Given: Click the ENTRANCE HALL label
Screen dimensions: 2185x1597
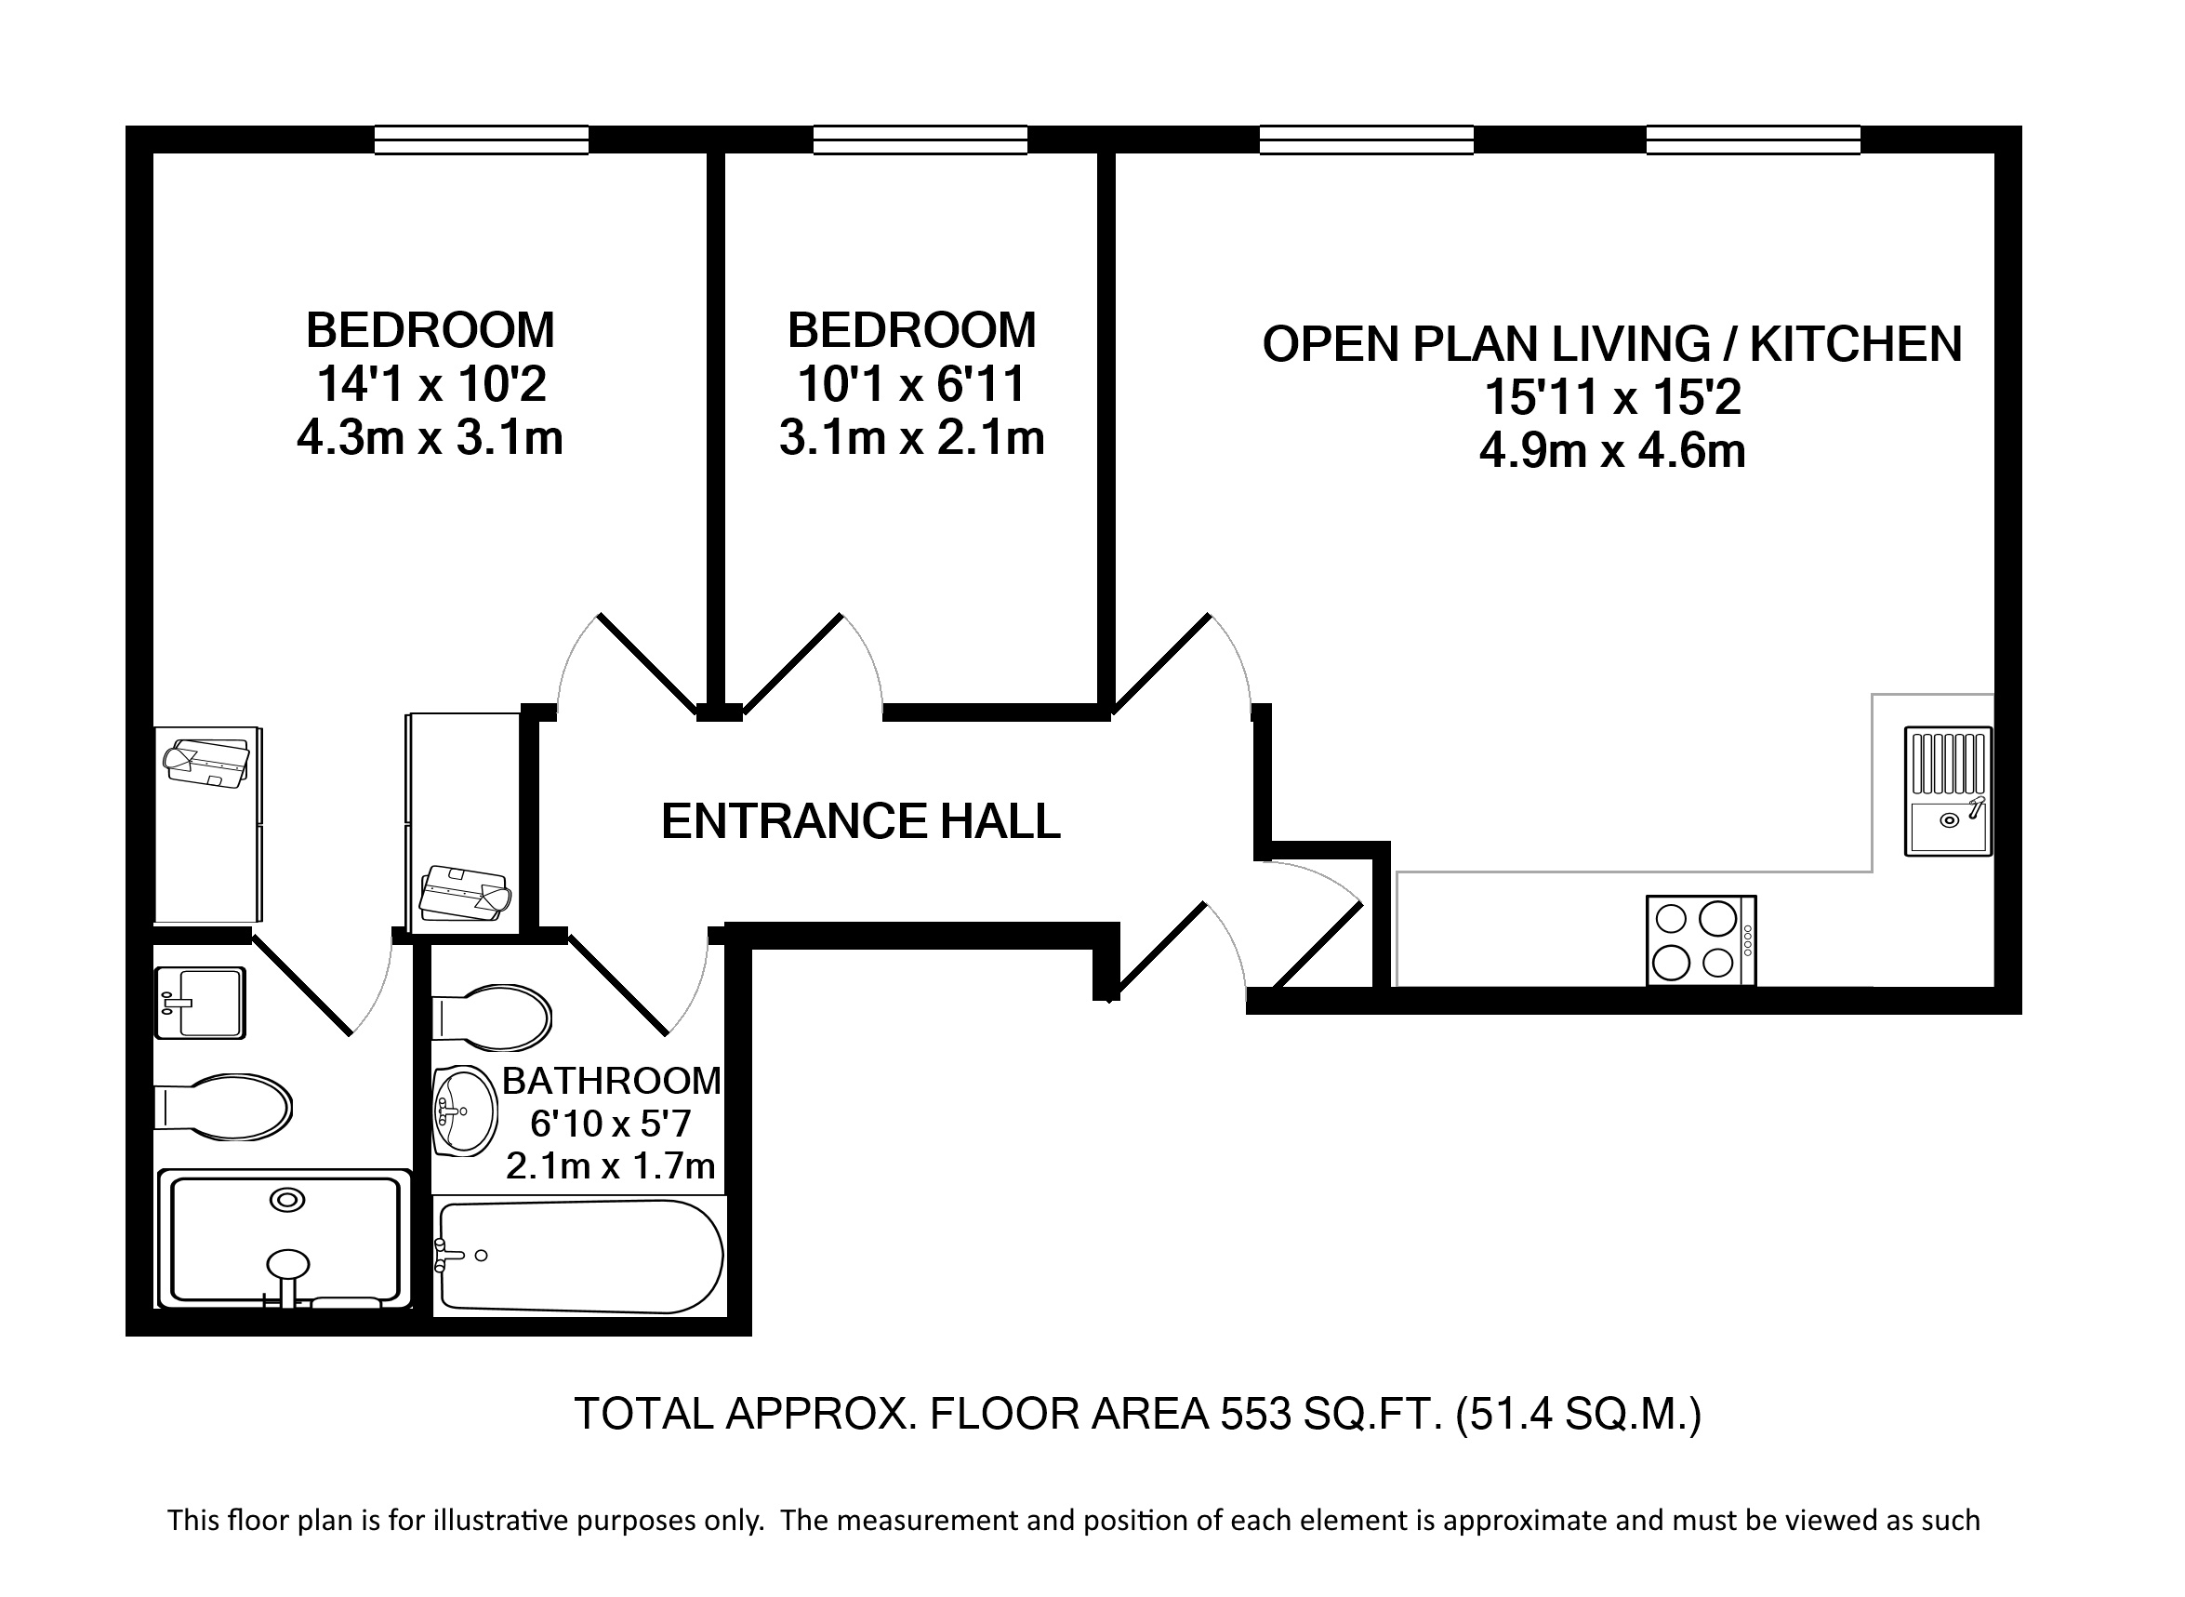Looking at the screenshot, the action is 860,821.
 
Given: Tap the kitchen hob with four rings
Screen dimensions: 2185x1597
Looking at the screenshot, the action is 1701,940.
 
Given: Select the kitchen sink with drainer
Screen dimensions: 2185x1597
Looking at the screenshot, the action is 1948,792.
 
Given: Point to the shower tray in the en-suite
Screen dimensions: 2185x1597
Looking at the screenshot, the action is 285,1239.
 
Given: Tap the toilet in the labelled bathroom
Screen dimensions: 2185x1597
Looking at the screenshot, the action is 492,1018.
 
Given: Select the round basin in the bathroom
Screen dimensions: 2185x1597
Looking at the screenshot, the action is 465,1111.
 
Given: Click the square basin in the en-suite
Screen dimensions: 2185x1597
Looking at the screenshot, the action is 201,1004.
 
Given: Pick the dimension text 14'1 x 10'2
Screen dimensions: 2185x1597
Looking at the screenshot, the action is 431,385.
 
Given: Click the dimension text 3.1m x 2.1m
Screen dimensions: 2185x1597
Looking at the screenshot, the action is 912,438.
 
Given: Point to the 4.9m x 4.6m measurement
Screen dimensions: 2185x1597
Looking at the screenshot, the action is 1612,451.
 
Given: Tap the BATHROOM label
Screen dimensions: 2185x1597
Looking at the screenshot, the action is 612,1081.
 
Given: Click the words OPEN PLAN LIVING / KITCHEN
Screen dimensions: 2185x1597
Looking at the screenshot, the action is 1612,344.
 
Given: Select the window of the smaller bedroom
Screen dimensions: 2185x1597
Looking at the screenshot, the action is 920,140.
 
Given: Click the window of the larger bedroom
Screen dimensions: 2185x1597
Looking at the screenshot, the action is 482,140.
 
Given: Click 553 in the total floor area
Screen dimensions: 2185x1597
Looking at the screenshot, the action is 1255,1415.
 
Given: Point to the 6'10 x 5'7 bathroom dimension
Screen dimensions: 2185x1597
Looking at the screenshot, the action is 611,1124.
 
